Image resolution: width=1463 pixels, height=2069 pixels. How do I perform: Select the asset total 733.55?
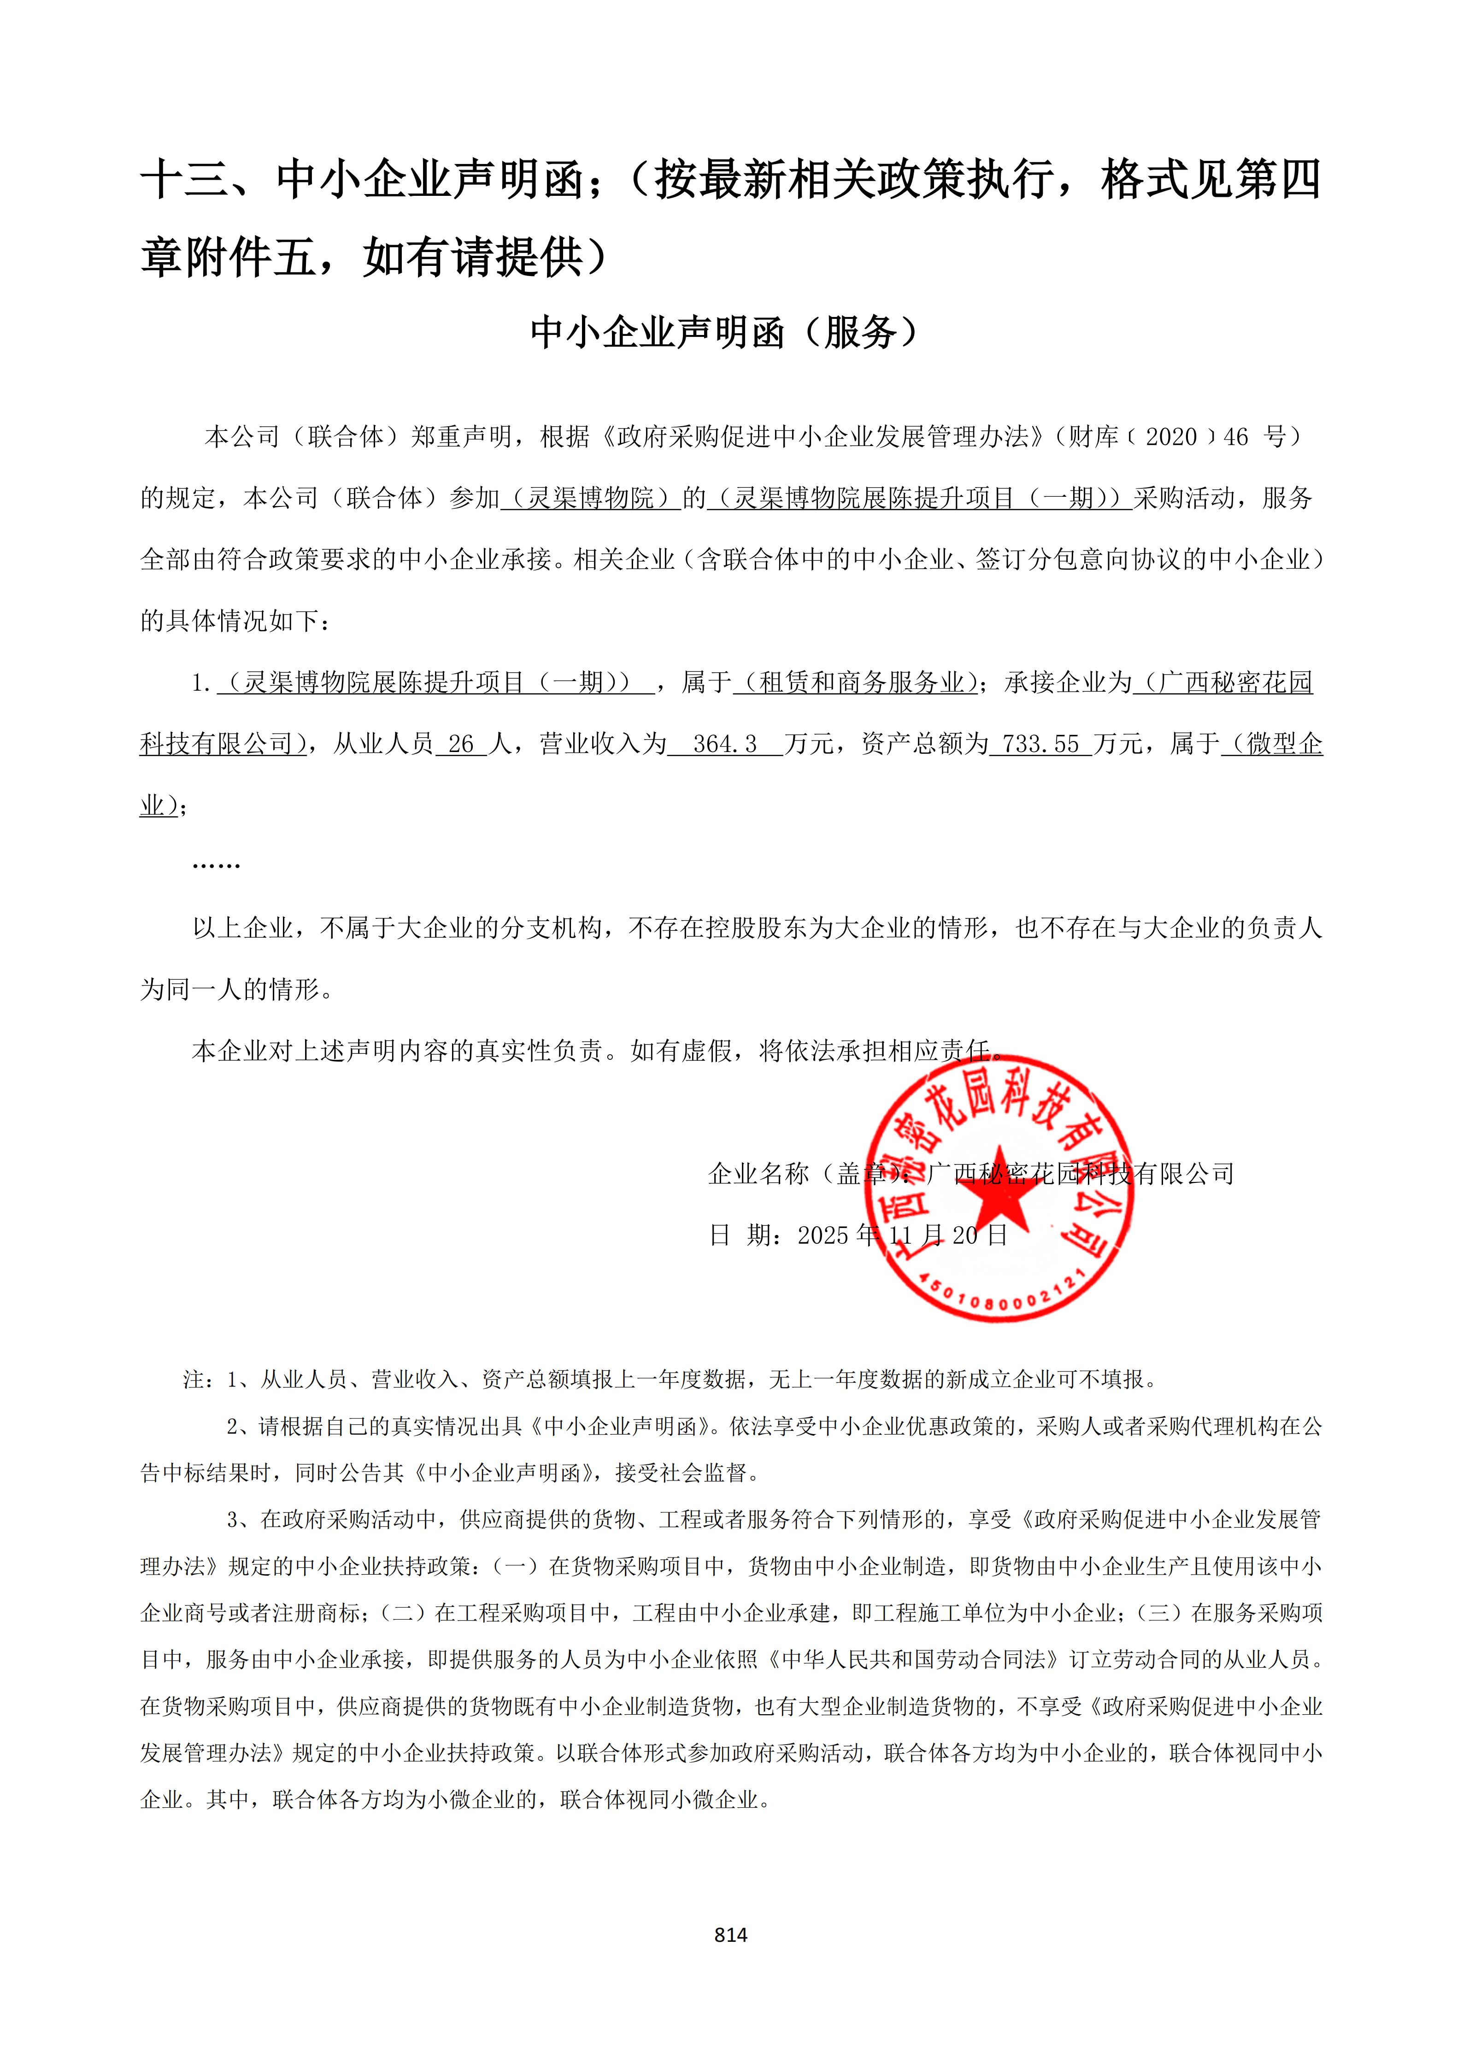[1040, 744]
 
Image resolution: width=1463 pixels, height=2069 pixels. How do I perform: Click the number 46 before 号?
[1236, 437]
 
